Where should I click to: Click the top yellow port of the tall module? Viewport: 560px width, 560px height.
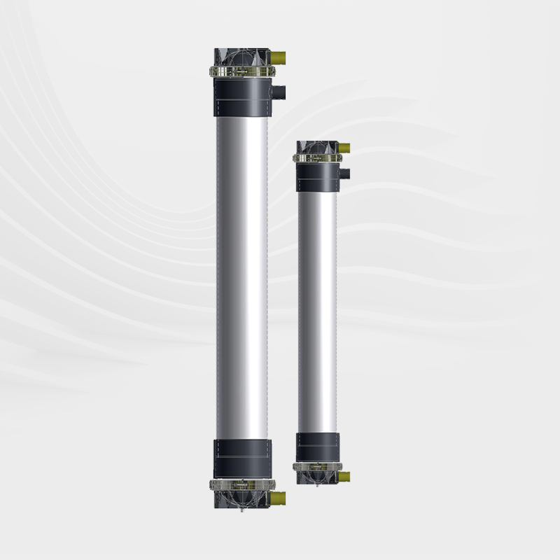pyautogui.click(x=279, y=56)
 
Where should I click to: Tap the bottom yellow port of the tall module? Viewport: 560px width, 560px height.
pyautogui.click(x=279, y=498)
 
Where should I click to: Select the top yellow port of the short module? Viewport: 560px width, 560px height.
pyautogui.click(x=344, y=148)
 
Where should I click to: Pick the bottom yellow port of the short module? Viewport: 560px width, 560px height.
pyautogui.click(x=344, y=477)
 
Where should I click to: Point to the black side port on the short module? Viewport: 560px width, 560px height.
pyautogui.click(x=344, y=173)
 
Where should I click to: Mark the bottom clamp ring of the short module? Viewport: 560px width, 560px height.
pyautogui.click(x=317, y=466)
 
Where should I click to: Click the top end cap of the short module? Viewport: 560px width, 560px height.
pyautogui.click(x=316, y=148)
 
